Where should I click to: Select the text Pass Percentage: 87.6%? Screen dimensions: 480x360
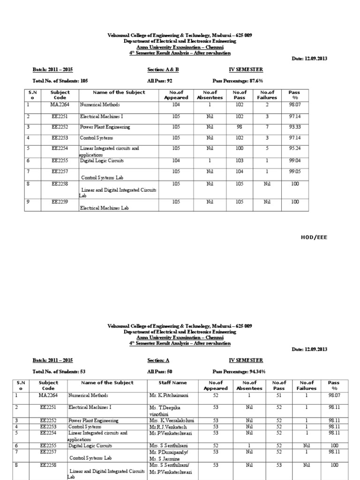[x=238, y=81]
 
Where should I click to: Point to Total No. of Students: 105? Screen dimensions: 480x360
[x=60, y=81]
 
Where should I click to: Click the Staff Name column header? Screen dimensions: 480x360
[x=166, y=382]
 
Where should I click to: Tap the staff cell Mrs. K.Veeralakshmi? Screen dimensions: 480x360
[x=170, y=420]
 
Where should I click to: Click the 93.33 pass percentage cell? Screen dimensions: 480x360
[x=294, y=127]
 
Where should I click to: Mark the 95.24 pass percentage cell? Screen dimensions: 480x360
[x=294, y=149]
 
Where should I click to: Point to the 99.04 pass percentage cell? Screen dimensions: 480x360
[x=294, y=160]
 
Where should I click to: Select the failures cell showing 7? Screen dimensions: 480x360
[x=267, y=127]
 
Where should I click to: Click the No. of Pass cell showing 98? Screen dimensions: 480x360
[x=240, y=127]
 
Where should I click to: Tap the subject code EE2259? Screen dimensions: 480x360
[x=61, y=202]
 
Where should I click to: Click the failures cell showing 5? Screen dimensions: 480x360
[x=267, y=149]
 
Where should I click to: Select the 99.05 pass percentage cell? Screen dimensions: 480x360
[x=294, y=172]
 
